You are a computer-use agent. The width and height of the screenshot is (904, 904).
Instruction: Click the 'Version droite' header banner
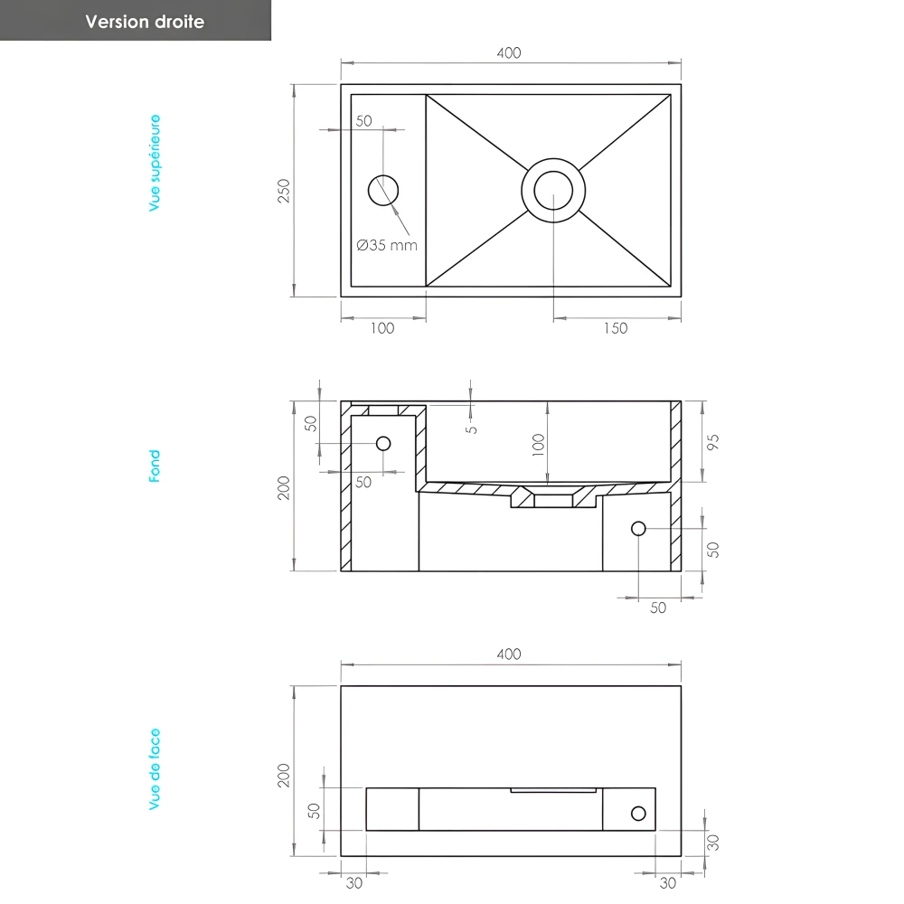(x=145, y=22)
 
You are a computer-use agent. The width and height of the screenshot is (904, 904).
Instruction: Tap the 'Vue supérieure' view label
(x=155, y=163)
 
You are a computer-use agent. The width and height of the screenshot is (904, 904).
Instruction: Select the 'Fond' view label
(x=155, y=466)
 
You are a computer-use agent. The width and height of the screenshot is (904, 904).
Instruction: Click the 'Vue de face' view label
(x=155, y=768)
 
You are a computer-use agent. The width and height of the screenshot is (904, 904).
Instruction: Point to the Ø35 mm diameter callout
(x=387, y=244)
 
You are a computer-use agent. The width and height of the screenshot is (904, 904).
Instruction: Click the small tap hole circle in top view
(x=382, y=190)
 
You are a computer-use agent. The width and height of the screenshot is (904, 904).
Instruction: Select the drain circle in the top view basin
(x=553, y=190)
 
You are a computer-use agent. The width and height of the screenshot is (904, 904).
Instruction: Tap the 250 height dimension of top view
(x=284, y=191)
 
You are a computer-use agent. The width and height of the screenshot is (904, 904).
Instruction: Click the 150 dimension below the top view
(x=615, y=328)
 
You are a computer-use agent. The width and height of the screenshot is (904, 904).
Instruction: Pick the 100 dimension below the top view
(x=382, y=328)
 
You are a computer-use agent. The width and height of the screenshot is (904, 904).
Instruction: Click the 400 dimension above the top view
(x=509, y=53)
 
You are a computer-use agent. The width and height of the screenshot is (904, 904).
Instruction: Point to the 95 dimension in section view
(x=713, y=443)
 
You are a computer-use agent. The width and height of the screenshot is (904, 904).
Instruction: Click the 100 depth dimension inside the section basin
(x=539, y=444)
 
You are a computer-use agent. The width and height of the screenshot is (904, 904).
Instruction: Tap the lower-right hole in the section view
(x=638, y=528)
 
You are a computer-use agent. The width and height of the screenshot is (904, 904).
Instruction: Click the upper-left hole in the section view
(x=383, y=443)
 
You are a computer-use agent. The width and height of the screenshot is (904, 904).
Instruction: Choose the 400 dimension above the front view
(x=509, y=654)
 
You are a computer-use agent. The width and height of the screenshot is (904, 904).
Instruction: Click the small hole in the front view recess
(x=638, y=813)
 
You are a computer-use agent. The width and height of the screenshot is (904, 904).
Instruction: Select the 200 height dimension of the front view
(x=284, y=775)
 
